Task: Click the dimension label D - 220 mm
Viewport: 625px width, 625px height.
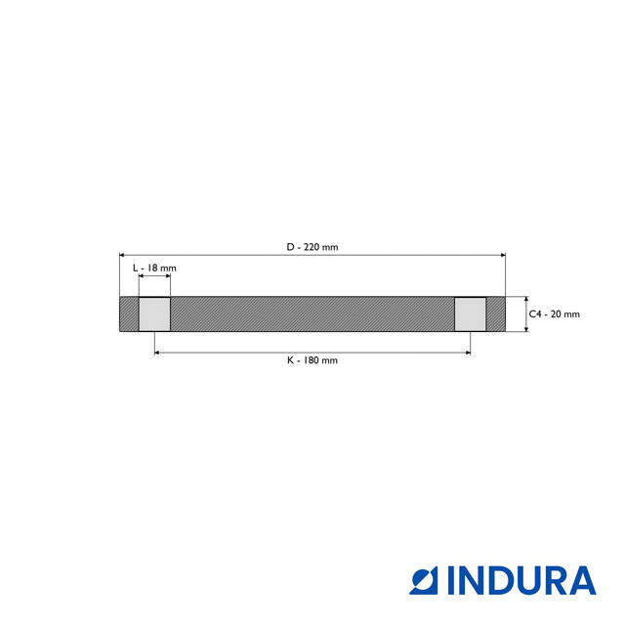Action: pyautogui.click(x=312, y=247)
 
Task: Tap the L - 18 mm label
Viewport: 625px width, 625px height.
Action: pyautogui.click(x=154, y=268)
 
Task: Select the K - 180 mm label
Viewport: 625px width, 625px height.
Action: pyautogui.click(x=312, y=360)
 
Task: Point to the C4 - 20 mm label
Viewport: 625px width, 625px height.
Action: pyautogui.click(x=554, y=314)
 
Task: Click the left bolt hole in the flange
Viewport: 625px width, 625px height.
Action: pyautogui.click(x=154, y=314)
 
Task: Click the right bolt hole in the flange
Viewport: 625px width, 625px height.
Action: pyautogui.click(x=471, y=314)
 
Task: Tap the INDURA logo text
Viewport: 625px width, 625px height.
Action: pyautogui.click(x=521, y=581)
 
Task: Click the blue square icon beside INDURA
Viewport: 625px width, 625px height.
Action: pyautogui.click(x=426, y=581)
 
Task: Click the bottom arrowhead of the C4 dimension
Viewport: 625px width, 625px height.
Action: pyautogui.click(x=525, y=328)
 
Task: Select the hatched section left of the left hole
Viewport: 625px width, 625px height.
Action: pyautogui.click(x=128, y=314)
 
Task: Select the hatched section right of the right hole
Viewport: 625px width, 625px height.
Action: pyautogui.click(x=496, y=314)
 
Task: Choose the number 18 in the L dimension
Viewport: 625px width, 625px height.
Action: pyautogui.click(x=154, y=268)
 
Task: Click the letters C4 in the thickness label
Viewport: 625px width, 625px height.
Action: pyautogui.click(x=534, y=314)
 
